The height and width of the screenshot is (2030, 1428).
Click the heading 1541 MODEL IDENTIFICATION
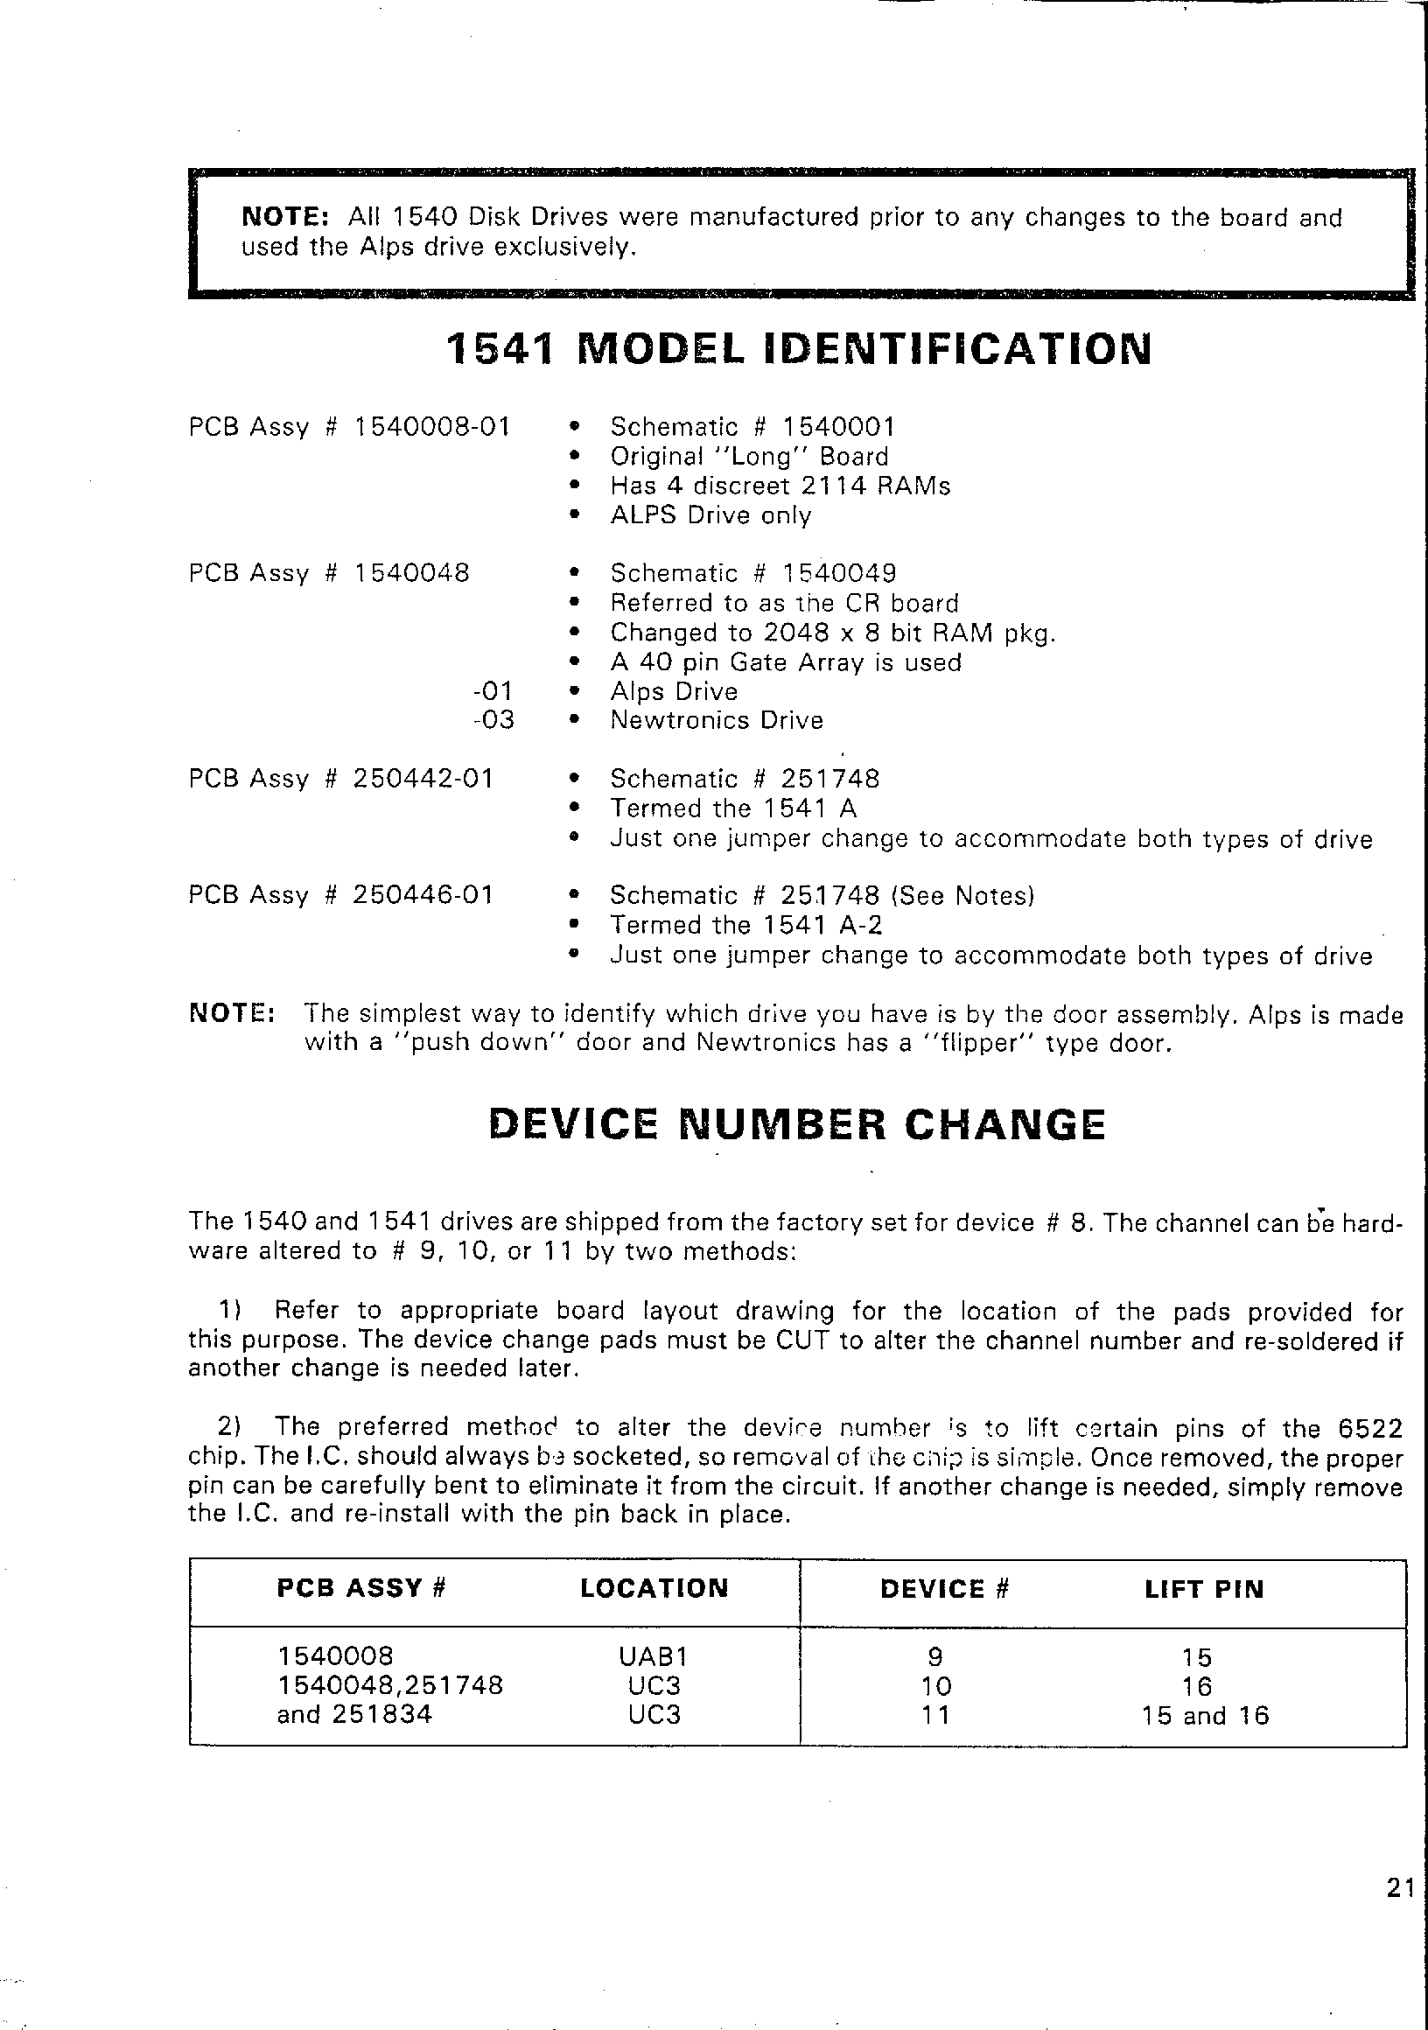[x=799, y=350]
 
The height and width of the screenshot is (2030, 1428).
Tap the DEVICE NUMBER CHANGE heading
[x=796, y=1124]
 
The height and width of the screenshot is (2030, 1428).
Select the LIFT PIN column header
[x=1203, y=1590]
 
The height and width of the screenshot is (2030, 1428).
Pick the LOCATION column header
[x=654, y=1589]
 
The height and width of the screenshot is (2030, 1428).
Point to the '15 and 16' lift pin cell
[x=1204, y=1716]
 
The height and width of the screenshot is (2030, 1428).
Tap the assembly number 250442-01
[x=423, y=779]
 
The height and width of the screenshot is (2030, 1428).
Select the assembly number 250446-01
[x=423, y=896]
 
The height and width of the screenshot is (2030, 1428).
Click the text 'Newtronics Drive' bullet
[x=717, y=721]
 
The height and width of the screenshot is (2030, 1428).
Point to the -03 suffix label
[x=493, y=720]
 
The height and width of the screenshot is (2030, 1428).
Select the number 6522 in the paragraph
[x=1369, y=1429]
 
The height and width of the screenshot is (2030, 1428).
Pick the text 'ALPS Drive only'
[x=710, y=515]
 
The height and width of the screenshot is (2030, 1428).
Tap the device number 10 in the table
[x=935, y=1686]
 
